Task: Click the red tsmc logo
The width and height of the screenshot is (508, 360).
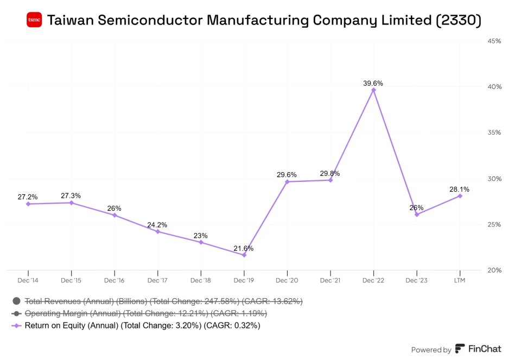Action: pos(34,20)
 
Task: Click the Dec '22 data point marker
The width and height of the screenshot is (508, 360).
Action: pos(373,90)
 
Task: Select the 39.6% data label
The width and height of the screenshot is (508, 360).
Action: pos(373,83)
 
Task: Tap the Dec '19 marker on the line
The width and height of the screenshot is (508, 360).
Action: pos(244,255)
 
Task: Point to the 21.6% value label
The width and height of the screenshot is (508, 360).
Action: pos(244,248)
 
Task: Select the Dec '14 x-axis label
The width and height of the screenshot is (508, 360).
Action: pos(28,280)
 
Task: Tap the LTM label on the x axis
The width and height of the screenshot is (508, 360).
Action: pos(460,280)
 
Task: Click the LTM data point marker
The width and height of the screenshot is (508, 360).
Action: pos(460,195)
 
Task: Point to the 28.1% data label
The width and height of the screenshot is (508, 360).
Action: pos(460,189)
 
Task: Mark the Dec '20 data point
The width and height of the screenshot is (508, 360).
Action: pos(287,181)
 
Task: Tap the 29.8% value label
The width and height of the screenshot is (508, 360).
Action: pos(330,173)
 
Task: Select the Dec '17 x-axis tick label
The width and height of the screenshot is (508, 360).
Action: pos(157,280)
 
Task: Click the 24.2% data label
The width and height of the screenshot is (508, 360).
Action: pos(157,225)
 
